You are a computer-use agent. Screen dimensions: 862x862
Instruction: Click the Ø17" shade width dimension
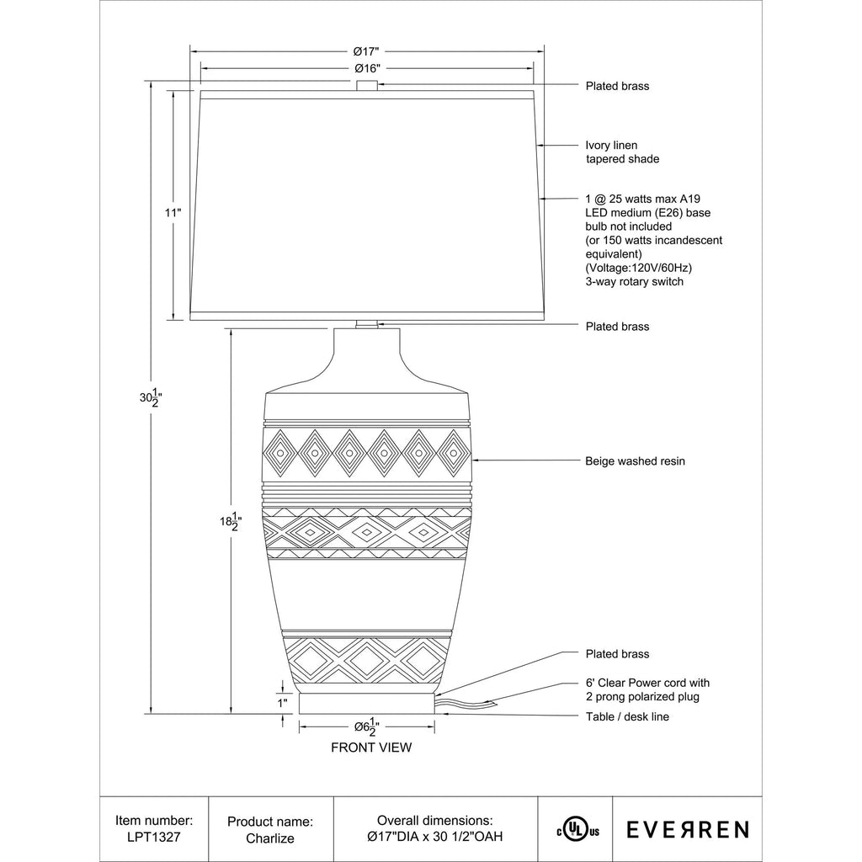pyautogui.click(x=366, y=51)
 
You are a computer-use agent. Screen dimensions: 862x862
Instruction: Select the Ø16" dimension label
pyautogui.click(x=367, y=68)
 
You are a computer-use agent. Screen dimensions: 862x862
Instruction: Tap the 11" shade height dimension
pyautogui.click(x=173, y=213)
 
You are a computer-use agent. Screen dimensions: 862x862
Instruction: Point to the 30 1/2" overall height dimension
pyautogui.click(x=151, y=397)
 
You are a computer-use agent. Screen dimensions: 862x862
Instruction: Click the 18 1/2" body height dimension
pyautogui.click(x=231, y=521)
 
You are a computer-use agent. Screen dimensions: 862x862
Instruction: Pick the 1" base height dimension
pyautogui.click(x=283, y=703)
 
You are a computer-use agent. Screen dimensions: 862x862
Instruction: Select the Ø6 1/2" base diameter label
pyautogui.click(x=367, y=726)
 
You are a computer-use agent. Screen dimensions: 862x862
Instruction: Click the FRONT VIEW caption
pyautogui.click(x=371, y=748)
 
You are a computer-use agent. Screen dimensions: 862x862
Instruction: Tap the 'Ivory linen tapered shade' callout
pyautogui.click(x=622, y=152)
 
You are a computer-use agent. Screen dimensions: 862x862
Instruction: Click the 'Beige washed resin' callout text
pyautogui.click(x=635, y=461)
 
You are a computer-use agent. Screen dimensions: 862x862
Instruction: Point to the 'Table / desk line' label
pyautogui.click(x=627, y=717)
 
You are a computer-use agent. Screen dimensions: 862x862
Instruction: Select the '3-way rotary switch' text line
pyautogui.click(x=635, y=281)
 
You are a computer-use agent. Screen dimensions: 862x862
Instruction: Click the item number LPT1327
pyautogui.click(x=154, y=838)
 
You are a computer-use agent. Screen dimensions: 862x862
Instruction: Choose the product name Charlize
pyautogui.click(x=270, y=838)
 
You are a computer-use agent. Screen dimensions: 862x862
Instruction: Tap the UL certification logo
pyautogui.click(x=577, y=829)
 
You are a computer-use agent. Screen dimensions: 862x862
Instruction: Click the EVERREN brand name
pyautogui.click(x=688, y=829)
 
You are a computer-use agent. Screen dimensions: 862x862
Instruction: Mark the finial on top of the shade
pyautogui.click(x=367, y=86)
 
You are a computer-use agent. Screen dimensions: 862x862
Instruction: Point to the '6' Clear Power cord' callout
pyautogui.click(x=647, y=690)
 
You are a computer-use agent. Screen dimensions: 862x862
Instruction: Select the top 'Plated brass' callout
pyautogui.click(x=617, y=87)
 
